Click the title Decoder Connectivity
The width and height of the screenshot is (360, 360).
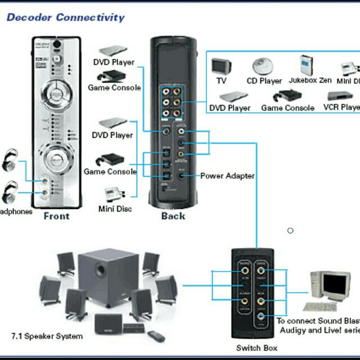coord(65,17)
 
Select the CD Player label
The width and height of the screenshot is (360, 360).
coord(264,80)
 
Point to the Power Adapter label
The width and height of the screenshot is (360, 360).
coord(227,175)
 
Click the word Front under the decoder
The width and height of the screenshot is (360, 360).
coord(56,216)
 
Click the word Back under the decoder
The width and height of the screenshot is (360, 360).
coord(173,216)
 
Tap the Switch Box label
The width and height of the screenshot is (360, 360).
coord(256,348)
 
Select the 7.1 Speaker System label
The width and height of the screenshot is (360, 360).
coord(47,336)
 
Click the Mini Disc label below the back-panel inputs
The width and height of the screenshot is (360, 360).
coord(115,209)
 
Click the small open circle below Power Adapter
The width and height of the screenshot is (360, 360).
coord(290,230)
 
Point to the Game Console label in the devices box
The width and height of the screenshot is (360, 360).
coord(287,107)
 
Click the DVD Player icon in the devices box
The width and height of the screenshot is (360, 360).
coord(229,96)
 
